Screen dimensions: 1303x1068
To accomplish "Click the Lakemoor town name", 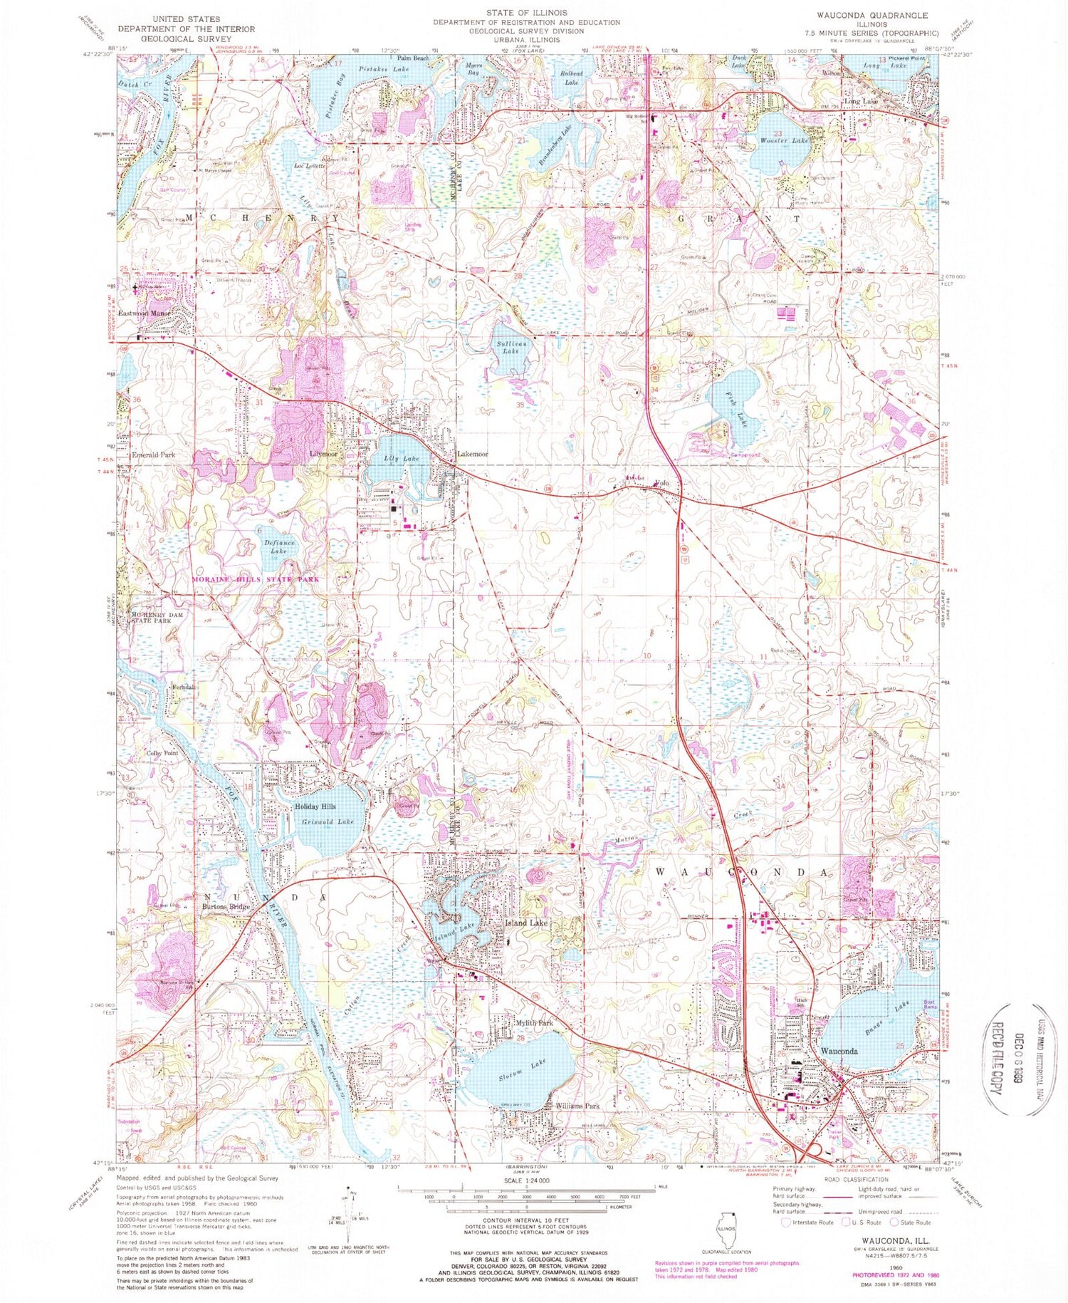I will tap(472, 454).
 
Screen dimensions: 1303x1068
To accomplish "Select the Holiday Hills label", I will tap(315, 806).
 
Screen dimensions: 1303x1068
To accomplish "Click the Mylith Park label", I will tap(533, 1024).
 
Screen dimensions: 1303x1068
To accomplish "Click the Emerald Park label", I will tap(153, 455).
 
